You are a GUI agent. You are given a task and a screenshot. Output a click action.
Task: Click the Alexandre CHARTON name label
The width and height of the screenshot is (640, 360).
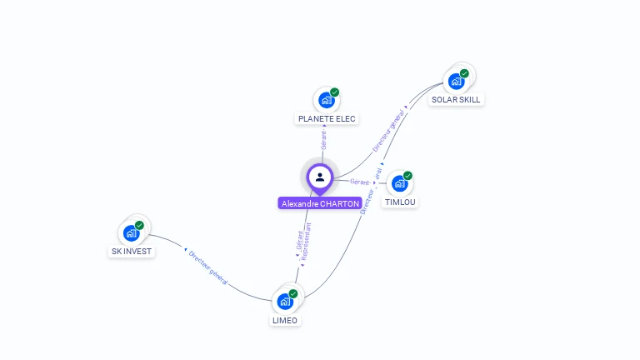point(320,203)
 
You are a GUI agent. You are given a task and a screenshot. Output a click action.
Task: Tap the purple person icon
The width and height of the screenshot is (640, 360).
point(320,177)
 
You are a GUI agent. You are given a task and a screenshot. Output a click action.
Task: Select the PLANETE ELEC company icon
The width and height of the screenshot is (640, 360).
point(325,100)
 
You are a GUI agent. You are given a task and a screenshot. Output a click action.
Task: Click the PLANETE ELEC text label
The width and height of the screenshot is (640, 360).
point(327,119)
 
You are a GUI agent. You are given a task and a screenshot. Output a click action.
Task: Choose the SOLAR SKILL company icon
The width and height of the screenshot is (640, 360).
point(455,81)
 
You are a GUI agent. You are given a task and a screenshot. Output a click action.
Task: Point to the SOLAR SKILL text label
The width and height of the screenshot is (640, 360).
point(456,100)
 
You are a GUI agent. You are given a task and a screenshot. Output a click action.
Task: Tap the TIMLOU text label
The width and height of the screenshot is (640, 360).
point(400,202)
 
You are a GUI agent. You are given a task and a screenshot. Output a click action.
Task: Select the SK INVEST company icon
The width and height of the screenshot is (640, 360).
point(130,233)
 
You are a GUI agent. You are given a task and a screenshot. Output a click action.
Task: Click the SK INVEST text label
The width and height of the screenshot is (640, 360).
point(132,252)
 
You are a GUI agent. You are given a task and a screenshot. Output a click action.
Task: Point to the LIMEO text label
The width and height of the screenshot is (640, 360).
point(285,321)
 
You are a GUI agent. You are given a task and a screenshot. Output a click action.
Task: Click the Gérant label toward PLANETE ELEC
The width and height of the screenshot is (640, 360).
point(323,140)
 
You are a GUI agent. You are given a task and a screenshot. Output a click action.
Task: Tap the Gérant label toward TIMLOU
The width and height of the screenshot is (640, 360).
point(360,182)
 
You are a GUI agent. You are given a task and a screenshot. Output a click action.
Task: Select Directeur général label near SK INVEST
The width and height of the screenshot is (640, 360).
point(207,267)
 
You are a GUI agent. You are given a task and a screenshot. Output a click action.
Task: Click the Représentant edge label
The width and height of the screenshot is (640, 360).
point(306,242)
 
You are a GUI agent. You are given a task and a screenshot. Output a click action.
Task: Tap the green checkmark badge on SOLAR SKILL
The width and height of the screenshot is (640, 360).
point(464,73)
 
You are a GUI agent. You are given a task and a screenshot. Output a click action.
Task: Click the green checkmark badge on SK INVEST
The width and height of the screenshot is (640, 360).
point(139,225)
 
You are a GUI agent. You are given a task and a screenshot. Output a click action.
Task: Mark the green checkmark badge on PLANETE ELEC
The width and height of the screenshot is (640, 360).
point(334,92)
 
